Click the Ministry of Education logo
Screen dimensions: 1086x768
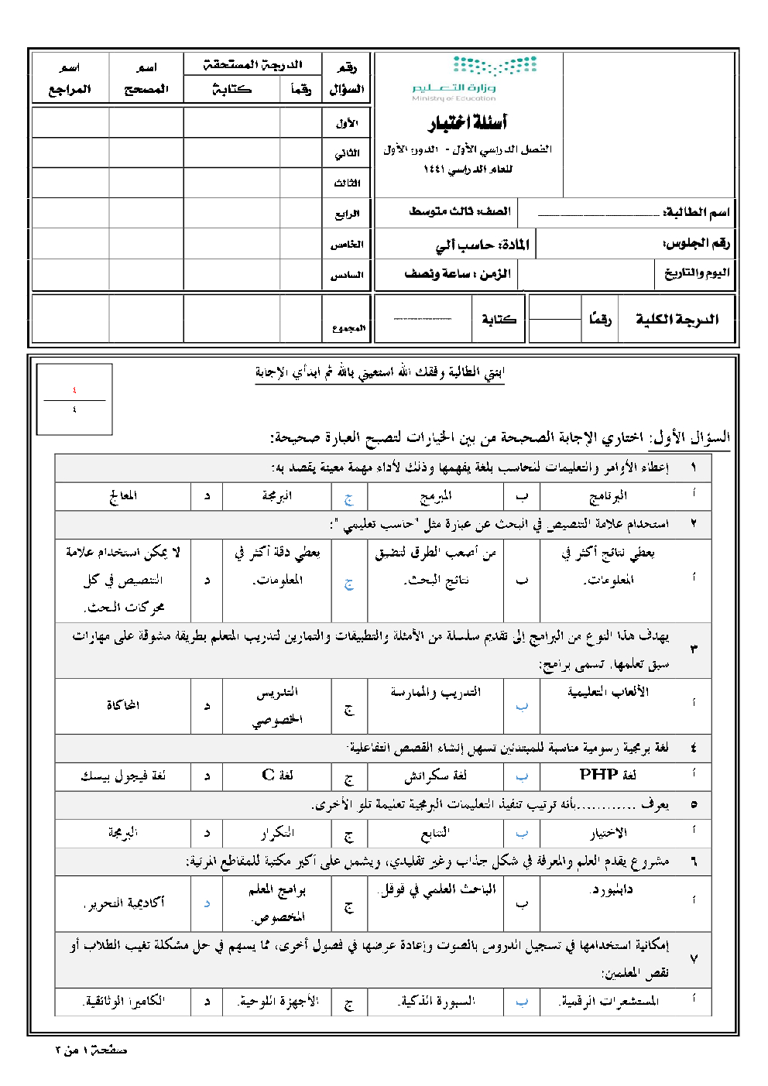(x=474, y=78)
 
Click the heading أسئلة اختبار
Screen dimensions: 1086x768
(x=468, y=122)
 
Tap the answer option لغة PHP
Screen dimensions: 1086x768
(x=608, y=775)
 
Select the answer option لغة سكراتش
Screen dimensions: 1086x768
(x=435, y=776)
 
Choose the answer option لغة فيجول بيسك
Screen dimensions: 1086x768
(x=123, y=776)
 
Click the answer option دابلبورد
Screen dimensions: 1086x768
(x=612, y=889)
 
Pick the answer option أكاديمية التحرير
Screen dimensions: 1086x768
(x=124, y=903)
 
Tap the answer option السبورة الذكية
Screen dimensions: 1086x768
(x=436, y=1002)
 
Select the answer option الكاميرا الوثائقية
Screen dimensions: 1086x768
(x=123, y=1002)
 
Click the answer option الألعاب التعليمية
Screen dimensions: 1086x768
(x=609, y=692)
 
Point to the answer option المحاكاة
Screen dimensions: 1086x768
(x=123, y=705)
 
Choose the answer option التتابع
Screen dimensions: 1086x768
(x=435, y=833)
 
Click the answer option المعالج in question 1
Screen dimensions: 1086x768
(x=123, y=495)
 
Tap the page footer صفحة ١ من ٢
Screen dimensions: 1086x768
(x=91, y=1050)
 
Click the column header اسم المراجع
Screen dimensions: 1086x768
(x=70, y=78)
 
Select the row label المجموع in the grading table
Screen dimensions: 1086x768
(x=348, y=328)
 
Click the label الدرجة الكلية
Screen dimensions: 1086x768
(x=677, y=319)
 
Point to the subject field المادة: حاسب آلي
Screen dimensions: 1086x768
(x=482, y=245)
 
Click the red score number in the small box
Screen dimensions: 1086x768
(x=74, y=390)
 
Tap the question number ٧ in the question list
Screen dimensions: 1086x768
(x=693, y=959)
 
